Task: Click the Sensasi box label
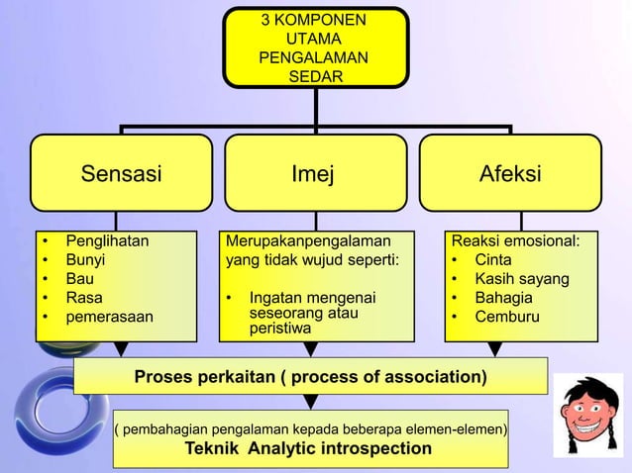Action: click(x=121, y=175)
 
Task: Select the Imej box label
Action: click(x=312, y=175)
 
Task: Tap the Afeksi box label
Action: click(x=510, y=175)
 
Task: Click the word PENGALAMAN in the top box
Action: click(x=312, y=57)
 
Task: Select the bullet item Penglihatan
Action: click(x=107, y=240)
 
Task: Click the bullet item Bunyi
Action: click(x=85, y=259)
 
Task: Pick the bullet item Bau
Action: click(x=79, y=278)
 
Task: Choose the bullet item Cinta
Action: click(x=493, y=259)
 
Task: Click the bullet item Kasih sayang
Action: click(x=521, y=278)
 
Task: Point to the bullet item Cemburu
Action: click(x=507, y=317)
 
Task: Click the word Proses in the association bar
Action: click(x=164, y=377)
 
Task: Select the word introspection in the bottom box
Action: click(x=371, y=448)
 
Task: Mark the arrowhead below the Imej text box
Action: click(x=311, y=349)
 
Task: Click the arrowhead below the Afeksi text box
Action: click(x=495, y=349)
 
